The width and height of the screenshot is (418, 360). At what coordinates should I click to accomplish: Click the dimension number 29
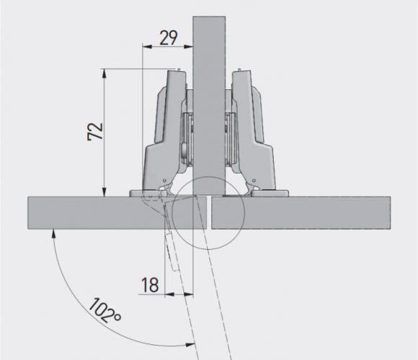(x=168, y=38)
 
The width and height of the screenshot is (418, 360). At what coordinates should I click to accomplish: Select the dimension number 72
(x=95, y=131)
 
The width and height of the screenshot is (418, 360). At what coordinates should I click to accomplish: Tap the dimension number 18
(x=150, y=285)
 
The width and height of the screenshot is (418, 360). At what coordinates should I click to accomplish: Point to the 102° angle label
(x=104, y=311)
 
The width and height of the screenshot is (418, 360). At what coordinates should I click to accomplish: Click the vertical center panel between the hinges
(x=209, y=106)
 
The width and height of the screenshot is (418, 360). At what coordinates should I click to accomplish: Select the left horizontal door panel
(x=117, y=212)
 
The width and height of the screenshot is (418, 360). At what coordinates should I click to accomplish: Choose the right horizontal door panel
(x=301, y=212)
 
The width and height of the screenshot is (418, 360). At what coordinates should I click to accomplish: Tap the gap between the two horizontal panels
(x=209, y=212)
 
